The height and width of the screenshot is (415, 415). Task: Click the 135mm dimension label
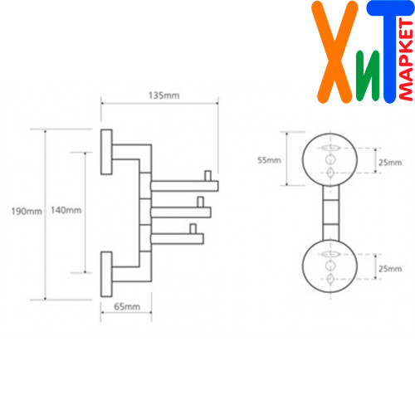(164, 95)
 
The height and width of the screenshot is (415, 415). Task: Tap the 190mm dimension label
(27, 212)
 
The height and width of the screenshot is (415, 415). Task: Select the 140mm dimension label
(66, 210)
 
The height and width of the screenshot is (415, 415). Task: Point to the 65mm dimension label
(127, 306)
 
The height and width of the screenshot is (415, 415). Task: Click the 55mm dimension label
(269, 160)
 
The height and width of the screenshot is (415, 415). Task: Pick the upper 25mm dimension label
(390, 163)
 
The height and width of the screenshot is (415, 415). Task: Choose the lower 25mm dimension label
(390, 269)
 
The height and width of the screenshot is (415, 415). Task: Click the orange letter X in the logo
(334, 52)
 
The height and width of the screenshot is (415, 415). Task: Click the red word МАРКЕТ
(406, 60)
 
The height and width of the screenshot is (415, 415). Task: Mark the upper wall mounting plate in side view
(106, 152)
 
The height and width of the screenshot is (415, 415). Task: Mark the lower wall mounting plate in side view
(106, 274)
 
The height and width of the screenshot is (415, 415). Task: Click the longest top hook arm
(184, 186)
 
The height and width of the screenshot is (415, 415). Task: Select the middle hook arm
(181, 212)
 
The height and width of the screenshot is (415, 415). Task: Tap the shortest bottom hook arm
(178, 239)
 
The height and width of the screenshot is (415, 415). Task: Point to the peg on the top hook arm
(207, 176)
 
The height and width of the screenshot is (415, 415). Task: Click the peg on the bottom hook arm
(193, 229)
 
